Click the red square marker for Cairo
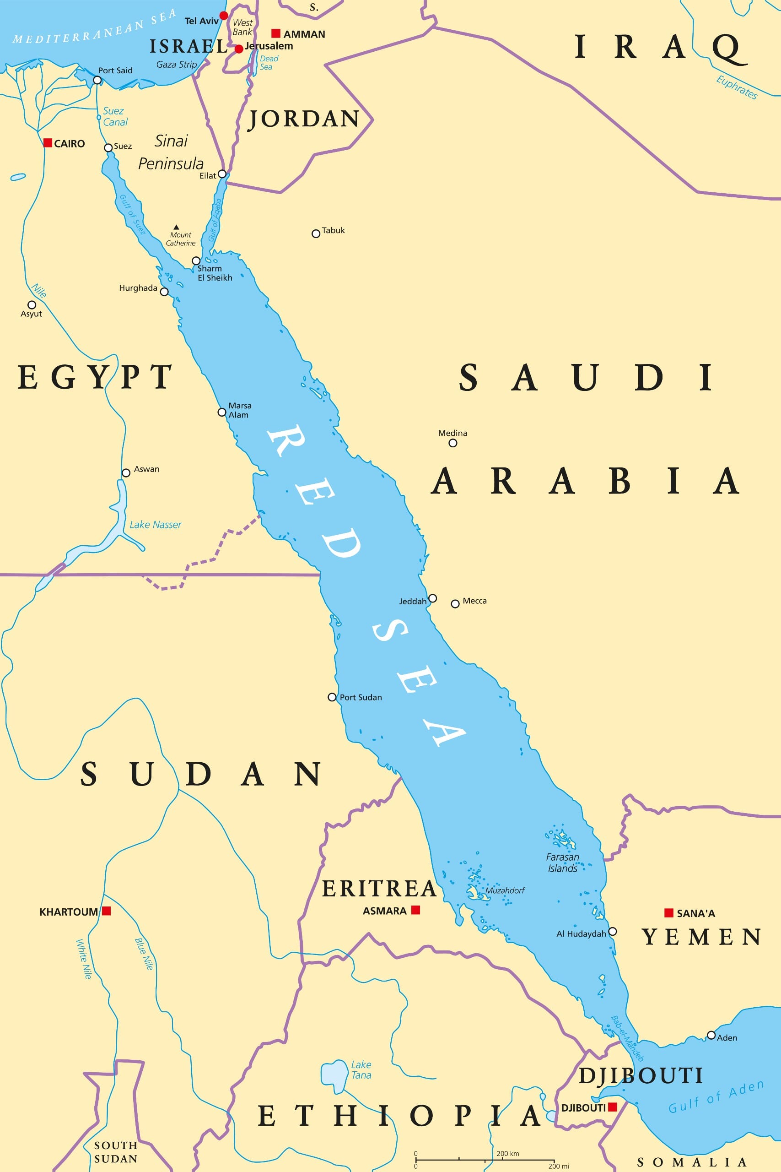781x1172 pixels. (x=48, y=142)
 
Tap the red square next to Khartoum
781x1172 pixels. (x=106, y=911)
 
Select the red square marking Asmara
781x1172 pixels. (x=415, y=910)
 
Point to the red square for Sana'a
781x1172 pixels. (x=669, y=912)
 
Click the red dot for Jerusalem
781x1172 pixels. (x=239, y=49)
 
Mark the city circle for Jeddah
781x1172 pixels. (x=433, y=598)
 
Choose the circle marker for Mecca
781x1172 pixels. (x=455, y=603)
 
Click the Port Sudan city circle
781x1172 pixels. (x=332, y=697)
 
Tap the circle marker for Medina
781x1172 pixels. (x=453, y=443)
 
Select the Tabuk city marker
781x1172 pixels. (x=316, y=233)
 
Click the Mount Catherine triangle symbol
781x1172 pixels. (x=176, y=227)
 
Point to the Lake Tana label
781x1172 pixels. (x=361, y=1069)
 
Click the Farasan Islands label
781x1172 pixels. (x=562, y=863)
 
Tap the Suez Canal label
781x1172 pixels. (x=114, y=116)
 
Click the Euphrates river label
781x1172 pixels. (x=737, y=87)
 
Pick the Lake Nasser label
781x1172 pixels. (x=156, y=524)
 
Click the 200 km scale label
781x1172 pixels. (x=507, y=1153)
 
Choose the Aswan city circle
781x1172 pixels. (x=126, y=472)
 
